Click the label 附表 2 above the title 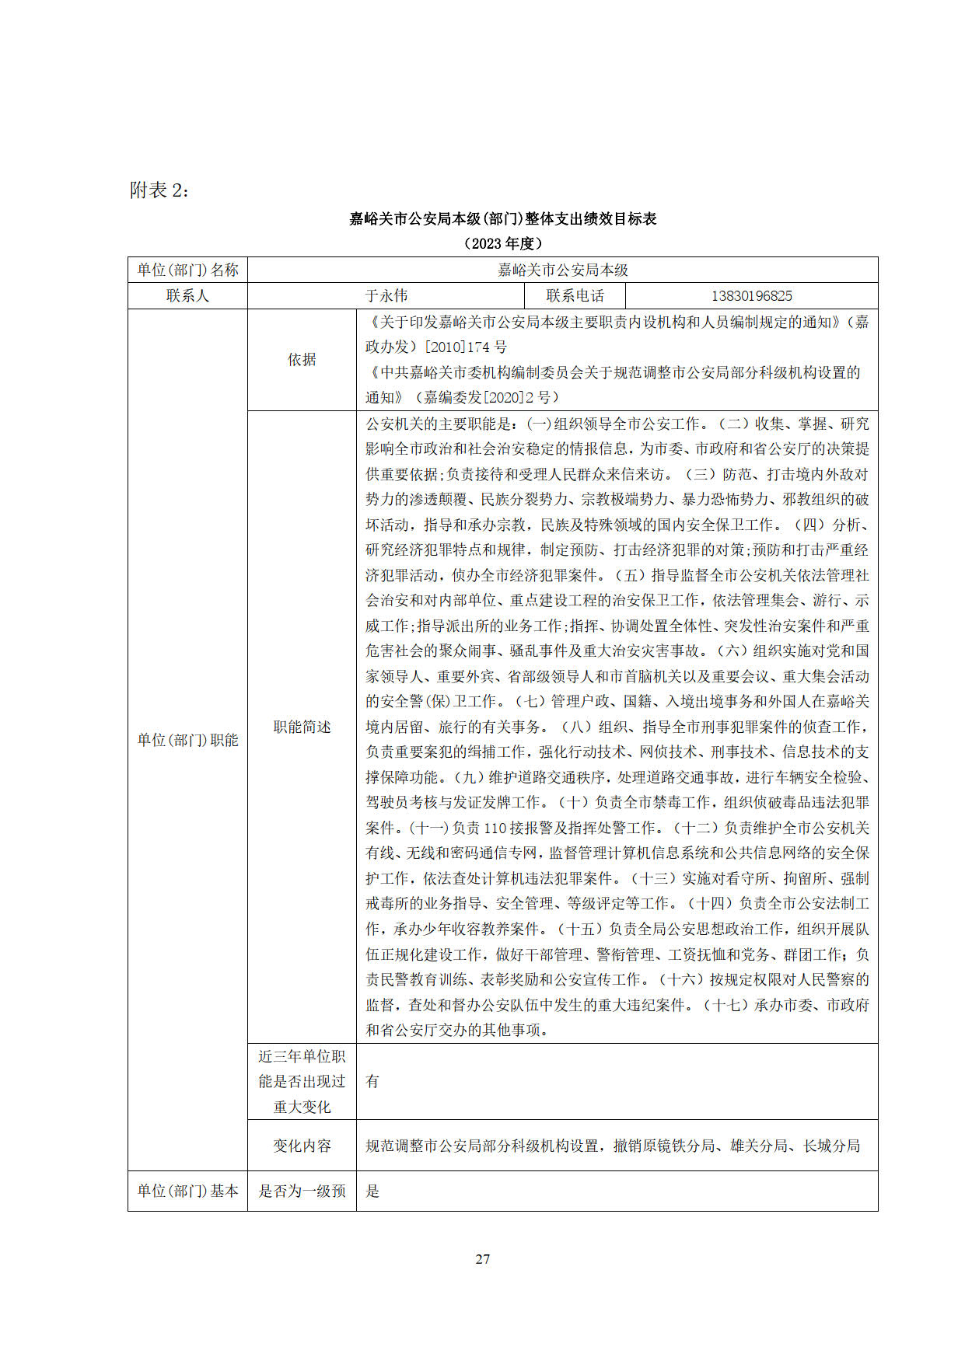coord(159,190)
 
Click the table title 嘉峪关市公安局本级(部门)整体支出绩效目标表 coord(502,219)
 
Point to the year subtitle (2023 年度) coord(502,243)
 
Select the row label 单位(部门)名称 coord(187,270)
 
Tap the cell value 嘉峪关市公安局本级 coord(562,270)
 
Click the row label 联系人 coord(187,296)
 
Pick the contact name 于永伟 coord(386,296)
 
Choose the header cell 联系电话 coord(575,296)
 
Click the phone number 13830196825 coord(751,296)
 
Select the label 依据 coord(302,360)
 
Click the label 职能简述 coord(302,727)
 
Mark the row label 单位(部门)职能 coord(187,741)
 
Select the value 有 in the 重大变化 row coord(372,1082)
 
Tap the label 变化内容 coord(302,1146)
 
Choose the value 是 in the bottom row coord(372,1191)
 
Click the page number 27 coord(483,1259)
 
